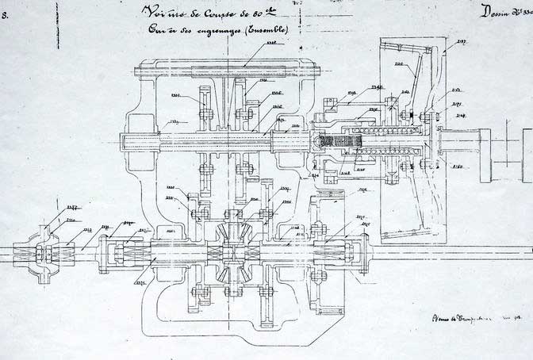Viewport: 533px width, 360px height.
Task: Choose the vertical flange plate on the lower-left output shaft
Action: tap(104, 252)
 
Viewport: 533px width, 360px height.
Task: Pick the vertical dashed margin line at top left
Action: tap(56, 24)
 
